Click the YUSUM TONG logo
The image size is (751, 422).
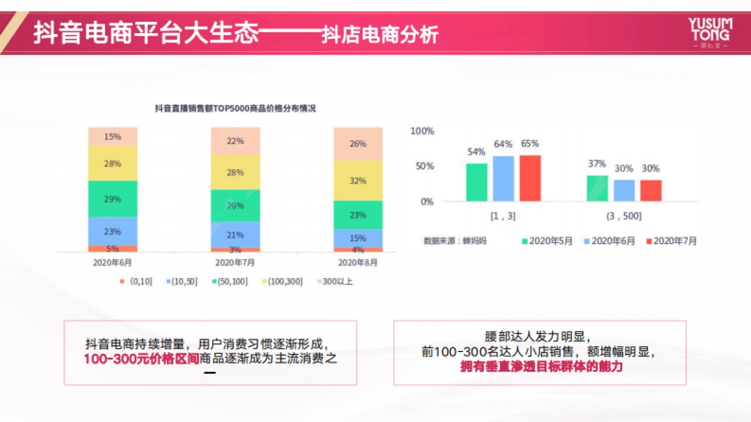click(x=709, y=33)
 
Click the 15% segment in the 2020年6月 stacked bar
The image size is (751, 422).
click(x=113, y=136)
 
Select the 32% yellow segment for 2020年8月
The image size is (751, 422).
click(x=358, y=181)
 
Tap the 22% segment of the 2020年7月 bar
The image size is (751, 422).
click(x=235, y=141)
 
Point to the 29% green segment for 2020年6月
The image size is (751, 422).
click(x=113, y=199)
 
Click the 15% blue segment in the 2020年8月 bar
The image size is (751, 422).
click(x=358, y=238)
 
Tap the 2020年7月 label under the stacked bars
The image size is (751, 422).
click(x=235, y=263)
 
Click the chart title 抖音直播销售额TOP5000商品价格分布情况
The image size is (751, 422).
click(x=235, y=108)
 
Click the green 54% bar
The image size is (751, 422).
click(x=476, y=182)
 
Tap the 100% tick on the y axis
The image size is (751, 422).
click(x=422, y=131)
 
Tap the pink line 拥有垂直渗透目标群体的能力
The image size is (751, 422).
click(x=541, y=367)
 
